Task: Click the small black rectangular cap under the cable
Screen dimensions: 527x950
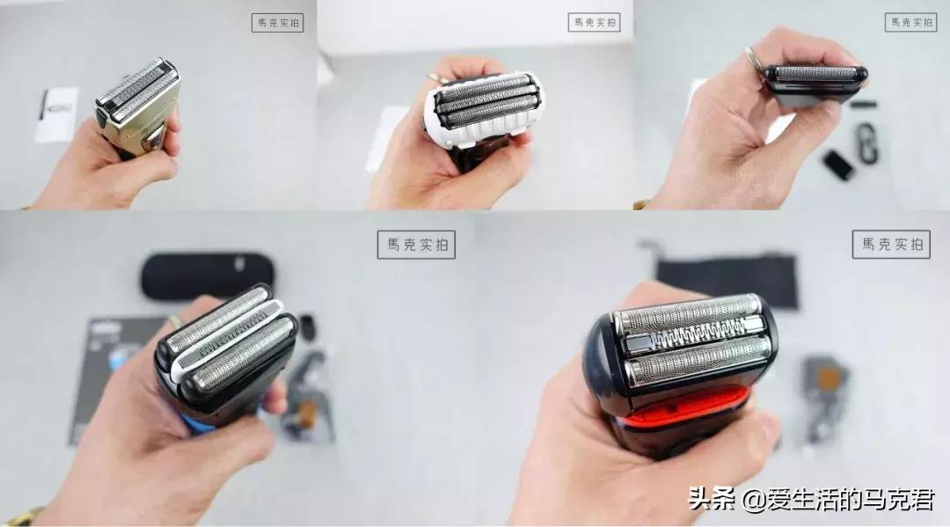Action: click(x=837, y=164)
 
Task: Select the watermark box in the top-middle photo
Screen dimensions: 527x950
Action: click(x=594, y=22)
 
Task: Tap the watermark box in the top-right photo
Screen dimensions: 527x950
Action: click(x=910, y=22)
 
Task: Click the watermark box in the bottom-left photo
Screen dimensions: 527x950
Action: click(x=415, y=245)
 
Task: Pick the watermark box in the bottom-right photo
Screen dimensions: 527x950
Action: click(x=890, y=244)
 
